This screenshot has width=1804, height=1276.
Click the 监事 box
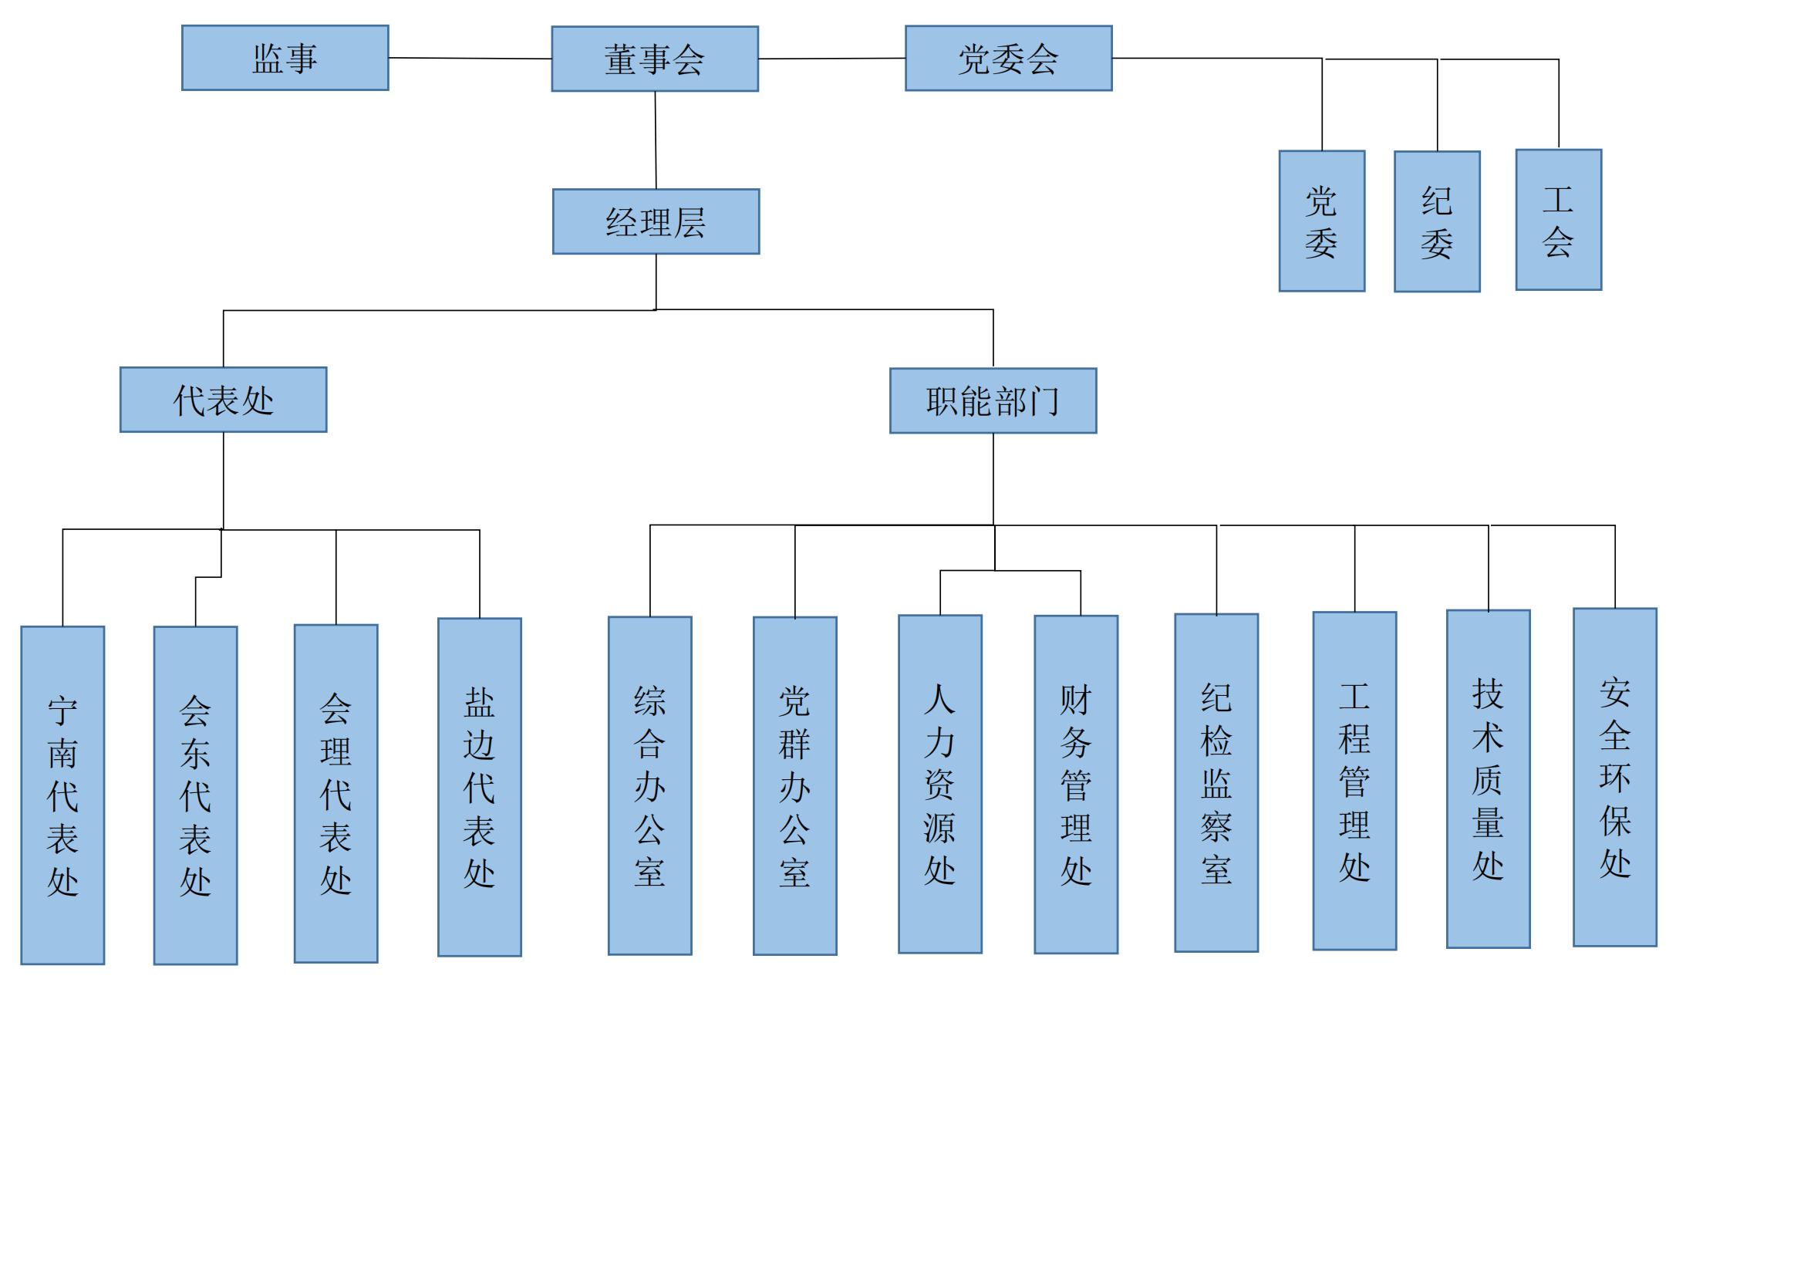(x=285, y=58)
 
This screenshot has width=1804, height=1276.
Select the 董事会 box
(x=655, y=59)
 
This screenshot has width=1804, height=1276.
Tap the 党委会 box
(x=1008, y=58)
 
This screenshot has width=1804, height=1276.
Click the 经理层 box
(x=656, y=221)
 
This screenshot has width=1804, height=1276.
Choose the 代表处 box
(x=223, y=400)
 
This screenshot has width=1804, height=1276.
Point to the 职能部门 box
(x=993, y=400)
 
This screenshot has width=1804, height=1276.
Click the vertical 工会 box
(x=1558, y=220)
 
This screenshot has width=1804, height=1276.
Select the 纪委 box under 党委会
(x=1436, y=221)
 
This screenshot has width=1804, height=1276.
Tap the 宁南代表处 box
(x=62, y=795)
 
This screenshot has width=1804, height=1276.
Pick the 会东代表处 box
(x=196, y=795)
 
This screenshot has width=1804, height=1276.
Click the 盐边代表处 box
(x=479, y=788)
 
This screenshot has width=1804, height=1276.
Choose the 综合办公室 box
(x=649, y=785)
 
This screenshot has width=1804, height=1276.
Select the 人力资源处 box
(x=939, y=784)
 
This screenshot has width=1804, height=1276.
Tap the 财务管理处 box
(x=1076, y=785)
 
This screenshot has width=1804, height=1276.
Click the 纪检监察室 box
(x=1216, y=783)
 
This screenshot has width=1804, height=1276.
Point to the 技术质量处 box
(x=1488, y=779)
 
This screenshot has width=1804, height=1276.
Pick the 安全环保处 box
(x=1614, y=778)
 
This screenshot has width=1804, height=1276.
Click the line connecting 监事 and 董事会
(x=470, y=58)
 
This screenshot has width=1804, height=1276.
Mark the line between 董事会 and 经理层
(x=656, y=140)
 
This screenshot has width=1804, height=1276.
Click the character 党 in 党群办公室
(x=794, y=701)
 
